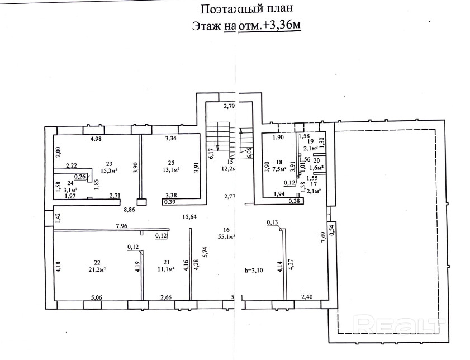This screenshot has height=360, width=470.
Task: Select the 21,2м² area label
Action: [x=97, y=269]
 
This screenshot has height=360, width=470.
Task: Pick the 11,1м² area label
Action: [x=167, y=269]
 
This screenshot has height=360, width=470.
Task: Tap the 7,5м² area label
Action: [x=279, y=168]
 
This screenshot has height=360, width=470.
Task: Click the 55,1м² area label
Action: [x=226, y=237]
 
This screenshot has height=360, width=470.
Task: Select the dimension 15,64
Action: [x=190, y=217]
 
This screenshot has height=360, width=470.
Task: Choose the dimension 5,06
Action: [x=97, y=297]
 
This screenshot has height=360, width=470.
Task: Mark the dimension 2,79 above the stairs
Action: [x=230, y=106]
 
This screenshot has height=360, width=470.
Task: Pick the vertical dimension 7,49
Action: [x=322, y=236]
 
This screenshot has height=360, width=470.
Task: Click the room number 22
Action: [x=97, y=262]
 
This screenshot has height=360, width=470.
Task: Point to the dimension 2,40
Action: [x=308, y=297]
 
